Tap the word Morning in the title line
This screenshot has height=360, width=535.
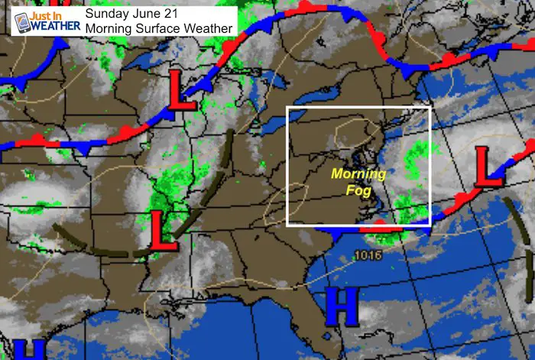[x=107, y=28]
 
